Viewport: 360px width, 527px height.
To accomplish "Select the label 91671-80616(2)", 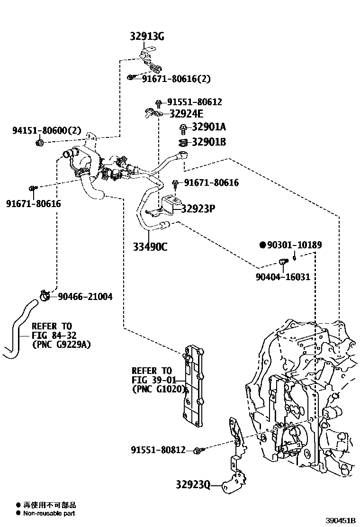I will [176, 78].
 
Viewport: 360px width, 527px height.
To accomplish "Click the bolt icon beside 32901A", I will [183, 127].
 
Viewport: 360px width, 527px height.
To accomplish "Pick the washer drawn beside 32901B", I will [183, 142].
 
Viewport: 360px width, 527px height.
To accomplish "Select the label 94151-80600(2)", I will [47, 130].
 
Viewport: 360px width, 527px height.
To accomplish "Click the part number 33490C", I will [150, 246].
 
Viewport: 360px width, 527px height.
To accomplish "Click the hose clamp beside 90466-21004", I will [45, 296].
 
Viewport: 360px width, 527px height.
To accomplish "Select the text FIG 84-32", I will [53, 335].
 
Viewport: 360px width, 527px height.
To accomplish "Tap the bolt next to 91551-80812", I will [200, 450].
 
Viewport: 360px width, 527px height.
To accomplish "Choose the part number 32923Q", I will [192, 485].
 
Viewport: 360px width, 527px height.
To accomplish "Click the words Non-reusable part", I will [49, 513].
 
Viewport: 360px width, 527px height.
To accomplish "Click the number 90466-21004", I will [85, 297].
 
